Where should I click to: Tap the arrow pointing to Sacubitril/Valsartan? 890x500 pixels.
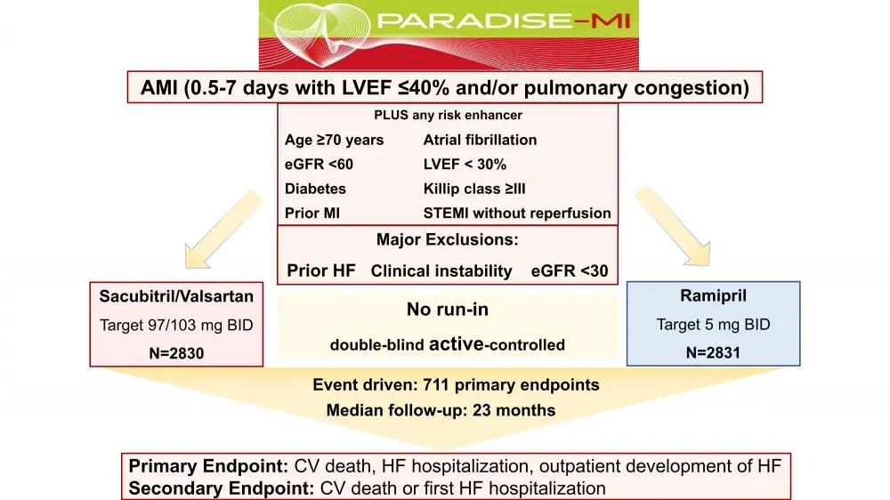223,230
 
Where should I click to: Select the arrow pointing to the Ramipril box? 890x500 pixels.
673,226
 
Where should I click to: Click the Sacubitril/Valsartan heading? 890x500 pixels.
176,296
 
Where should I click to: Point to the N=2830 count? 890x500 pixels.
176,353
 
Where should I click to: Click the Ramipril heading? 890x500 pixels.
714,295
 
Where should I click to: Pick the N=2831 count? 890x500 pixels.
714,352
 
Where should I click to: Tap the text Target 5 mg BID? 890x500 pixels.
714,324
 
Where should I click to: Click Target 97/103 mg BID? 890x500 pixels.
176,326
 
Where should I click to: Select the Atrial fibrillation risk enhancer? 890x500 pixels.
481,140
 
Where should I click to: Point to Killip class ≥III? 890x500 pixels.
474,189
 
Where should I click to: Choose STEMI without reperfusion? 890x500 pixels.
517,213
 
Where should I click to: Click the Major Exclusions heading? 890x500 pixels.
448,239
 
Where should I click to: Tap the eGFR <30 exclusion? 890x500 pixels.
570,270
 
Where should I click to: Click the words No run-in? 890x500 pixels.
448,310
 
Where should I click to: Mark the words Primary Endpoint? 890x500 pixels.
209,466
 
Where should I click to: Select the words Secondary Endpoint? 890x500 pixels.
222,488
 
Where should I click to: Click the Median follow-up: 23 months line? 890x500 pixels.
441,410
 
